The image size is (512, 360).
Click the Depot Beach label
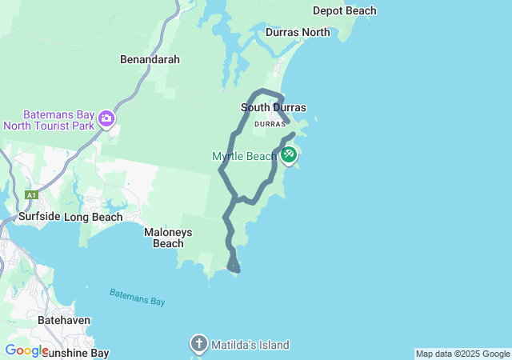pos(344,10)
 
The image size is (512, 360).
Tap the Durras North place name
pos(298,33)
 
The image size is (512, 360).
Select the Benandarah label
pos(150,59)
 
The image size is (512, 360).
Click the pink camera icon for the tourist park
pos(106,120)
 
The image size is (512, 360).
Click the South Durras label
pos(273,107)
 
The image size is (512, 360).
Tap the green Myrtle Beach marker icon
pos(288,154)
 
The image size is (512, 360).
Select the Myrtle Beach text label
pos(244,156)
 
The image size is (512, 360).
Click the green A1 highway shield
pos(31,194)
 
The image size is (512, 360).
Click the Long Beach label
pos(93,217)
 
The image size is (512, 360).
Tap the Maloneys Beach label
pos(168,238)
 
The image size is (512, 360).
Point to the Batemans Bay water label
pos(137,296)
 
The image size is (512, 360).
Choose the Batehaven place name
pos(64,320)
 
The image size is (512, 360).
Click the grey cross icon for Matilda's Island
pos(198,345)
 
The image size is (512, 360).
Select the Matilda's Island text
pos(250,345)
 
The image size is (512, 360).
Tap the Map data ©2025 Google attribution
pos(462,354)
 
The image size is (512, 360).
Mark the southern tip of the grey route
pos(237,270)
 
